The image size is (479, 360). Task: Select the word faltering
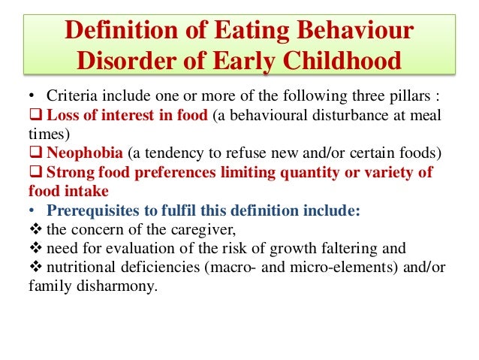click(352, 249)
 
